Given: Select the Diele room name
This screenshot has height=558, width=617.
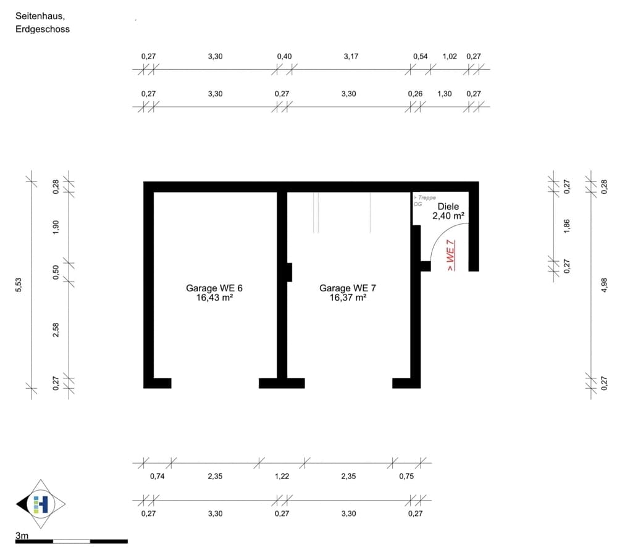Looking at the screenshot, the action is point(448,206).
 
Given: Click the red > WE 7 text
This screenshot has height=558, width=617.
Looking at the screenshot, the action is point(451,255).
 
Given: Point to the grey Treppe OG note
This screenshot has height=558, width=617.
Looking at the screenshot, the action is point(424,201).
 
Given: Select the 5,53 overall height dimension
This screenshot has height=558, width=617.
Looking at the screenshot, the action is point(19,285).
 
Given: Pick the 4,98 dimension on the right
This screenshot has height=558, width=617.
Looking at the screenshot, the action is point(605,285).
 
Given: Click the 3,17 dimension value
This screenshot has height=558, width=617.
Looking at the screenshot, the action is point(351,56).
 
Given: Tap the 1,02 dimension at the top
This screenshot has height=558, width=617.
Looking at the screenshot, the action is point(450,56).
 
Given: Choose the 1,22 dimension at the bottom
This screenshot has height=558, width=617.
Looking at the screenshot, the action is point(282,476).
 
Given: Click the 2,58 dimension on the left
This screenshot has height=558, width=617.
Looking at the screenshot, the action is point(56,330).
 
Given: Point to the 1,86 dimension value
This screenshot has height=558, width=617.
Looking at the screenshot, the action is point(566,226).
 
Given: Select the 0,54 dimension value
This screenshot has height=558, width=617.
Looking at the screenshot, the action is point(420,56).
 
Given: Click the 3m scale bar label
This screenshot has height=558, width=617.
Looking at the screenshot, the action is point(22,535).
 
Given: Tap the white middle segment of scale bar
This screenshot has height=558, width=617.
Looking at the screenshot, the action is point(72,541).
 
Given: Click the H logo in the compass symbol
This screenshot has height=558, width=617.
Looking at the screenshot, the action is point(41,504).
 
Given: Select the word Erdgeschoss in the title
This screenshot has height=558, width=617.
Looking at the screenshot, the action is point(43,29).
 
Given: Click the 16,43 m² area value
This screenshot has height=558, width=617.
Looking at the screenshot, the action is point(214,298).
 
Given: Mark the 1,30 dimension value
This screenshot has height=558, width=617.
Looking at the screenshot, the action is point(444,94).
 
